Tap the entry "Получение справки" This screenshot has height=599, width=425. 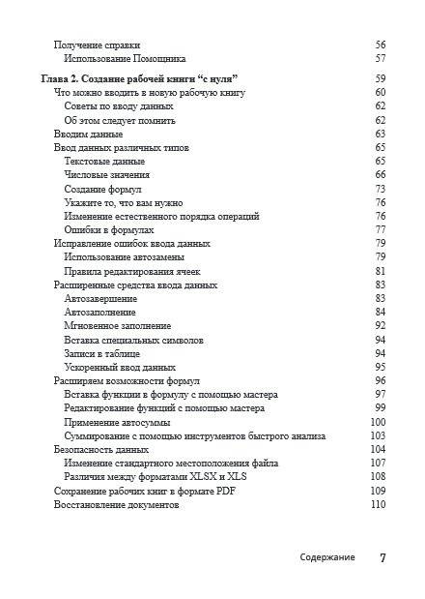(97, 45)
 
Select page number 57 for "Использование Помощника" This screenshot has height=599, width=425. (379, 59)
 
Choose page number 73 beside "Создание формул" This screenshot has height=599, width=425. (380, 189)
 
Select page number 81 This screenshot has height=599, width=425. (380, 272)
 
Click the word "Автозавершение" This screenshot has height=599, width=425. (100, 299)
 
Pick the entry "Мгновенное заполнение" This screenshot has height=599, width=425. (117, 326)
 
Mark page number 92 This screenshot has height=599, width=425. (380, 326)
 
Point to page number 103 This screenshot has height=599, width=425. (378, 436)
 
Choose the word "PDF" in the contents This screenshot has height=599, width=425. (226, 492)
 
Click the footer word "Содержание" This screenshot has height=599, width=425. (327, 557)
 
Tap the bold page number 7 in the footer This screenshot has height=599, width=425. (382, 557)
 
